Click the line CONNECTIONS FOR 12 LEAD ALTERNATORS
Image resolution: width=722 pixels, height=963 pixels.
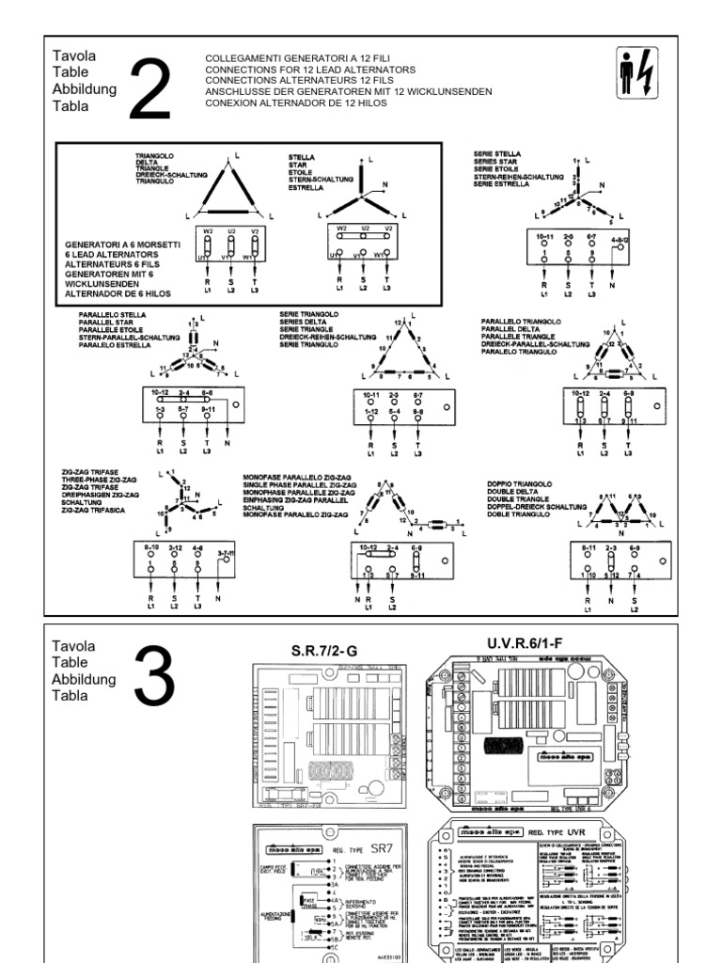(x=297, y=70)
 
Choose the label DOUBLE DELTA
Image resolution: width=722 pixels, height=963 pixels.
(x=510, y=490)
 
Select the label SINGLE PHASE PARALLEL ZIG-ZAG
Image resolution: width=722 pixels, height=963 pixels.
(x=299, y=485)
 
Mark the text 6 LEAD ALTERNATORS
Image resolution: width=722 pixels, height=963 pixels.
(x=101, y=255)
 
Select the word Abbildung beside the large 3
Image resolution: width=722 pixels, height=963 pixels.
(x=85, y=679)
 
